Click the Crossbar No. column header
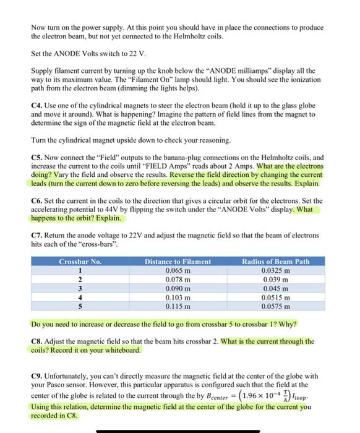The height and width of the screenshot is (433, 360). pos(79,262)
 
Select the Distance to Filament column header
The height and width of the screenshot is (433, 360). pos(178,262)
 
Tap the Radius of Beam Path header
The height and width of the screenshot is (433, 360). pos(276,262)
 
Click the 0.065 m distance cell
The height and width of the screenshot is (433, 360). pos(178,270)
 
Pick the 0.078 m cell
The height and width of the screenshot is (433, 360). pos(178,279)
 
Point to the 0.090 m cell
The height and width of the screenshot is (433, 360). pos(178,288)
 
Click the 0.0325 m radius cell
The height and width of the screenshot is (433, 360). pos(276,270)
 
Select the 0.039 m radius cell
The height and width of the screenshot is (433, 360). pos(276,279)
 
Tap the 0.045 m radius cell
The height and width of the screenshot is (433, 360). pos(276,288)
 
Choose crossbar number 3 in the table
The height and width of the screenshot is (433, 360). pos(79,288)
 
